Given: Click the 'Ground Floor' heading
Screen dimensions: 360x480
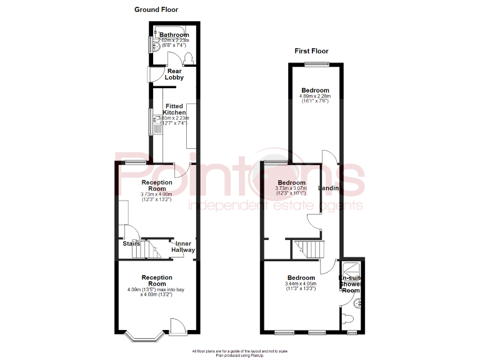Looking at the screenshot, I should coord(156,9).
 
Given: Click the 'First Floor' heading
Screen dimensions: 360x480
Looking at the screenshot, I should coord(311,51).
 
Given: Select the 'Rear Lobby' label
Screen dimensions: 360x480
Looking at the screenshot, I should coord(174,74).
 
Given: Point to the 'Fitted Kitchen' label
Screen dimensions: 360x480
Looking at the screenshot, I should coord(174,109).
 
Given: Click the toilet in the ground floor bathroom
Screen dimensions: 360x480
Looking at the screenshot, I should coord(188,58).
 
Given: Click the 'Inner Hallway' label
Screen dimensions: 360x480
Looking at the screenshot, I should coord(183,247).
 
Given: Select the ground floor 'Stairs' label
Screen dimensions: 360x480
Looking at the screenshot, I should coord(131,244).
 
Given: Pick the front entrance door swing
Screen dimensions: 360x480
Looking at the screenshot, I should coord(177,325).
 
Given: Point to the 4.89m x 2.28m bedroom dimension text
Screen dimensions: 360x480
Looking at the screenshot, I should coord(314,99).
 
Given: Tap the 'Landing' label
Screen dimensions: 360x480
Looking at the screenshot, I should coord(329,189).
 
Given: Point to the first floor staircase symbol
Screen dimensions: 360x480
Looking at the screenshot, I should coord(309,249).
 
